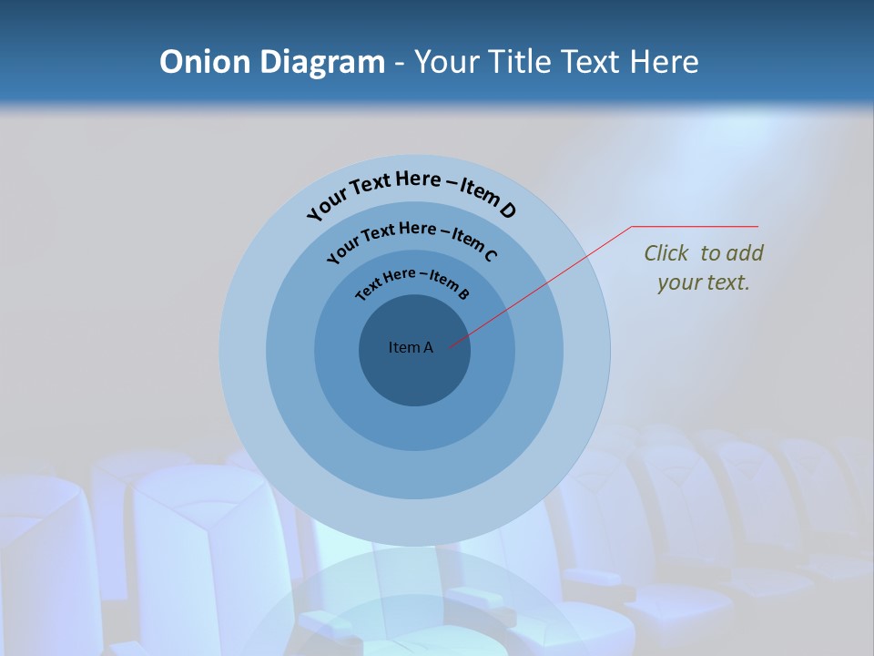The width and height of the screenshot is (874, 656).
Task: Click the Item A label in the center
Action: pos(411,347)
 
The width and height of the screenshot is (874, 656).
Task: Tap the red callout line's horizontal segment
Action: pos(695,226)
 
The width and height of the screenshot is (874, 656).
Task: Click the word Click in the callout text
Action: pos(667,253)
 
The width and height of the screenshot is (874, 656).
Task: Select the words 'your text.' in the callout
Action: pos(703,282)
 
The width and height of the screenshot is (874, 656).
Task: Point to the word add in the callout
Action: pos(745,253)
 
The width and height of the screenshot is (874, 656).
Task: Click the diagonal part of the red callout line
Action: pos(546,284)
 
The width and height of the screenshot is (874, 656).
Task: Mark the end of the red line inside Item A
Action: pos(449,347)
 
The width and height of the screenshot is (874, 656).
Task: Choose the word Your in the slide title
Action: pos(450,62)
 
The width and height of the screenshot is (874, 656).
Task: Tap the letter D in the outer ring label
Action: pos(507,210)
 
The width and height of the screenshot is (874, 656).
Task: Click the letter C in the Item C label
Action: pos(490,255)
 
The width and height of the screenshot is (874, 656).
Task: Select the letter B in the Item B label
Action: pos(463,293)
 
